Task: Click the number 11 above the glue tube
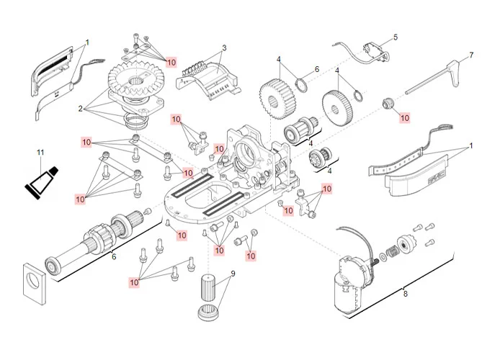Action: (40, 152)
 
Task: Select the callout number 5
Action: (395, 37)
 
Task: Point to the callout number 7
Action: (471, 55)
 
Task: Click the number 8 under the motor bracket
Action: (405, 293)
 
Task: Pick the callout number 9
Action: (233, 274)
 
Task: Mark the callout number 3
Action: (224, 48)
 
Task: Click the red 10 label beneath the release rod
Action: (404, 117)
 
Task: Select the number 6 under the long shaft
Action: (112, 256)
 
